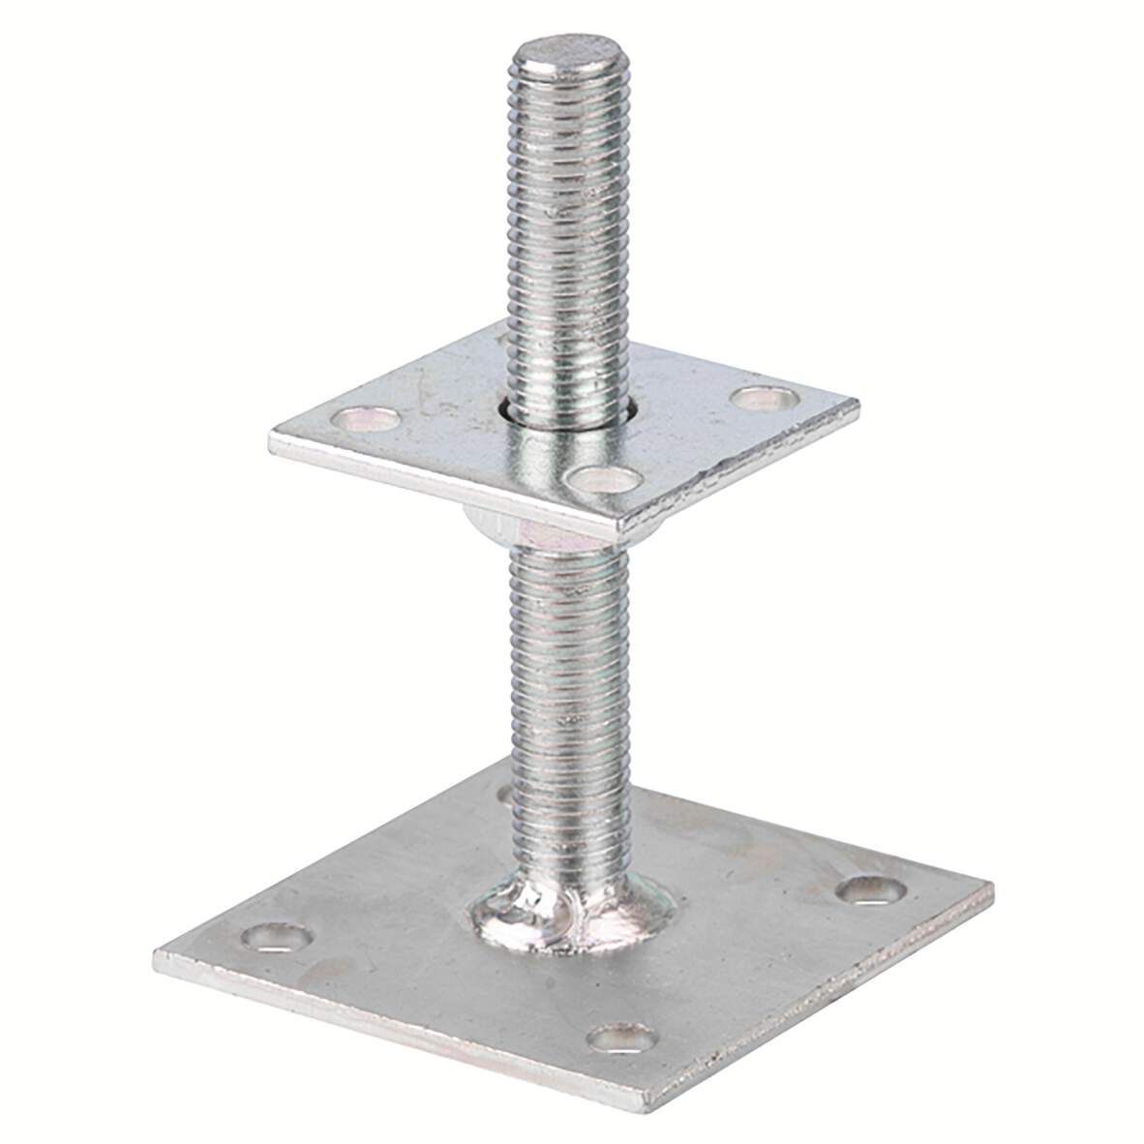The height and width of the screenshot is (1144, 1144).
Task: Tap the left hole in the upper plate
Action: coord(367,419)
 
